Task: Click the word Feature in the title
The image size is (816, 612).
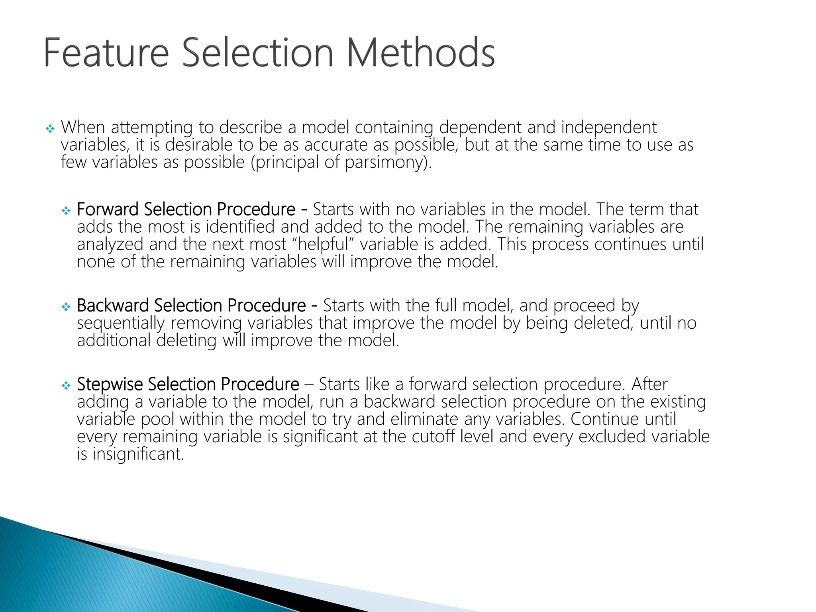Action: (106, 53)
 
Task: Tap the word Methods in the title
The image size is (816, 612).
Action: (421, 53)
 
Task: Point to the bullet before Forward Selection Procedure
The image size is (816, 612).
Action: (66, 210)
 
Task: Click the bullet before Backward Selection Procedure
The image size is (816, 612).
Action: (66, 306)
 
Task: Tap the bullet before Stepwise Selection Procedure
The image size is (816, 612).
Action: (66, 385)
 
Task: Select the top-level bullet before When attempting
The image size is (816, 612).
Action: (50, 129)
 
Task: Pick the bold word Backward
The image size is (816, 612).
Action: (113, 305)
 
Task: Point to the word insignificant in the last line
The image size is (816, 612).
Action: (138, 454)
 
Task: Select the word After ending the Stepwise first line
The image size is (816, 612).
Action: (649, 384)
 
